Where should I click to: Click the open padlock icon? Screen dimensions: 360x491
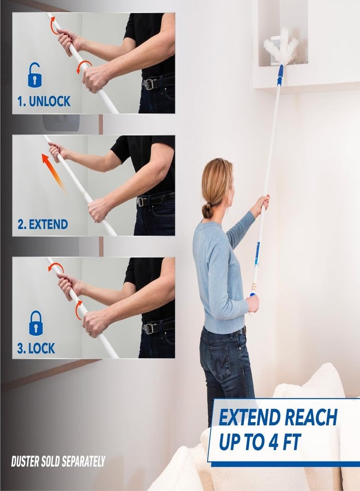pos(34,75)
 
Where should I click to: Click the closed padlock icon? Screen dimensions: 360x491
pos(35,323)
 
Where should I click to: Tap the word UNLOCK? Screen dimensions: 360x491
pos(50,101)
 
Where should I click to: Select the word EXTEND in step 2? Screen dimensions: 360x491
pos(49,225)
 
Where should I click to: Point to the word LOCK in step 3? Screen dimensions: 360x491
pos(41,348)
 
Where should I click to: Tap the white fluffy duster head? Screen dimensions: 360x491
pos(281,46)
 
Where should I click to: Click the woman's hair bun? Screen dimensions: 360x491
pos(207,210)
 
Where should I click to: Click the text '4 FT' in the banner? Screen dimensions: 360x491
pos(285,442)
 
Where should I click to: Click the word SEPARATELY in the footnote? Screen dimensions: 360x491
pos(83,461)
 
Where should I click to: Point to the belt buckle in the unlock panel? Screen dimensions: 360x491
pos(149,84)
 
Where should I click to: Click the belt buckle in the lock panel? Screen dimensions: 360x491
pos(149,328)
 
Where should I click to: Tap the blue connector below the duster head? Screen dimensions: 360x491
pos(280,75)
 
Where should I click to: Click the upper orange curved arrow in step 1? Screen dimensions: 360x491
pos(53,25)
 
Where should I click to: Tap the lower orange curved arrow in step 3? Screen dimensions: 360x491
pos(77,310)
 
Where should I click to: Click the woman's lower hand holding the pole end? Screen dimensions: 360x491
pos(253,303)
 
